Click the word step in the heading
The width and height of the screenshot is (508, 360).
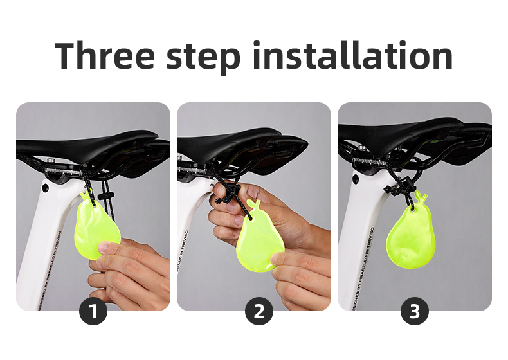click(203, 56)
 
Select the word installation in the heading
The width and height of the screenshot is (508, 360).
click(353, 56)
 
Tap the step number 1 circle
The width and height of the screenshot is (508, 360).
click(93, 312)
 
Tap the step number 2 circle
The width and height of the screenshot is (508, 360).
click(259, 312)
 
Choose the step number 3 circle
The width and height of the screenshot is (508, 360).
click(415, 312)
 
